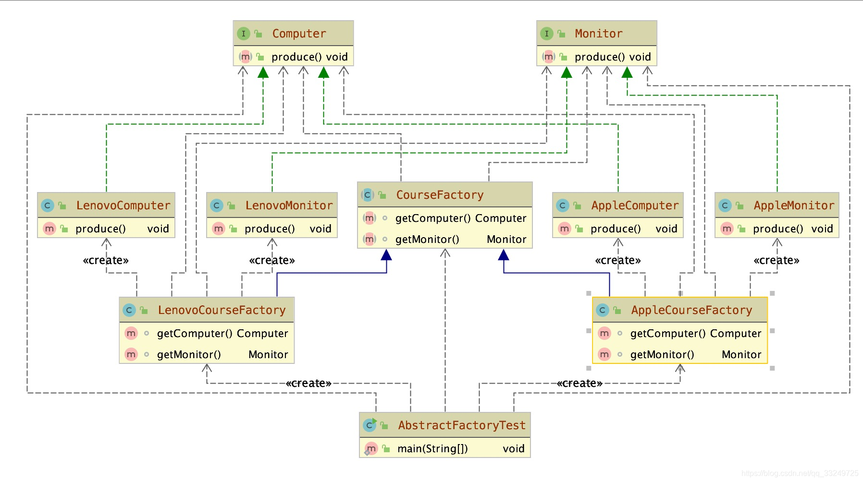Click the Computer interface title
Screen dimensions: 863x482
[x=299, y=34]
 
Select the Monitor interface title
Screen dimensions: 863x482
[x=598, y=34]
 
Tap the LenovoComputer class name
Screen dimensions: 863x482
[x=123, y=205]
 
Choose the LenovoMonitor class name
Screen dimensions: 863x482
[x=289, y=205]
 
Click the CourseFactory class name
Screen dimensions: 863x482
[x=440, y=195]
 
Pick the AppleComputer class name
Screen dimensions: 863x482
[x=635, y=205]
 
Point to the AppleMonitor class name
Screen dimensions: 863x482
[x=794, y=205]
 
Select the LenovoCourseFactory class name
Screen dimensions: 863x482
[x=222, y=310]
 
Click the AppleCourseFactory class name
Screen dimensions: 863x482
[x=691, y=310]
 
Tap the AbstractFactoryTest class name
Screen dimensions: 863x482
[x=462, y=425]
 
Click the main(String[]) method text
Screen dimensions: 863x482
[x=432, y=448]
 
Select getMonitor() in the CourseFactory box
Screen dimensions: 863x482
[x=427, y=239]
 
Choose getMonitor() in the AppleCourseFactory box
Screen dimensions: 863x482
[x=662, y=354]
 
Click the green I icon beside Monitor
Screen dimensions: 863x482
[x=546, y=34]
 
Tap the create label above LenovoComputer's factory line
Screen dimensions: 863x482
[x=106, y=260]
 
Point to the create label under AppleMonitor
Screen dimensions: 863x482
[x=777, y=260]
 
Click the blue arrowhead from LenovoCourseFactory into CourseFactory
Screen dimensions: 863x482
[x=386, y=254]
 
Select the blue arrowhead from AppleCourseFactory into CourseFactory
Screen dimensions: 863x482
[x=504, y=254]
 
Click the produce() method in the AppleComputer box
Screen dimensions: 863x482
[x=616, y=229]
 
